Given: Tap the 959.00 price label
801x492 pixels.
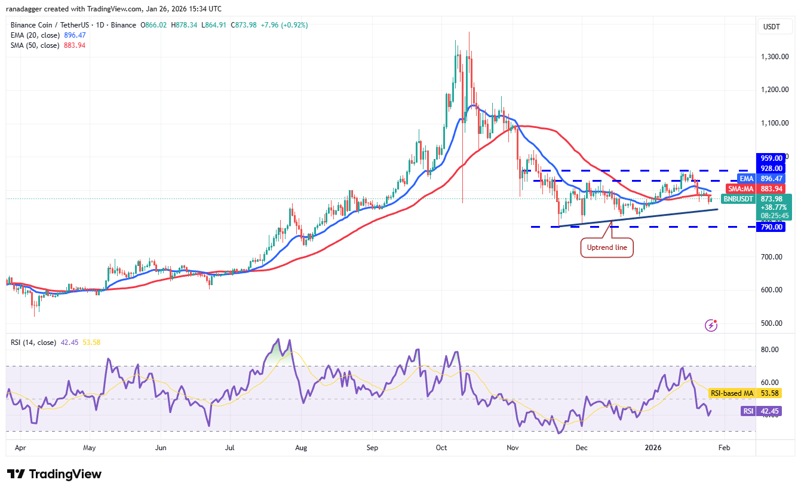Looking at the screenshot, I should pyautogui.click(x=771, y=158).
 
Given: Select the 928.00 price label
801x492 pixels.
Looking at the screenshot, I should pyautogui.click(x=771, y=169).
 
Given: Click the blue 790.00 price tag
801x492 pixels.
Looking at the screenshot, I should pyautogui.click(x=771, y=227).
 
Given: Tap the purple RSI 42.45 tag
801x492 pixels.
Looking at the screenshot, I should pyautogui.click(x=757, y=411).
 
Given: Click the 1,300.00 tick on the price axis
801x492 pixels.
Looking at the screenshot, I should pyautogui.click(x=771, y=57).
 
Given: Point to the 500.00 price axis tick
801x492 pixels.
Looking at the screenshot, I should pyautogui.click(x=771, y=323).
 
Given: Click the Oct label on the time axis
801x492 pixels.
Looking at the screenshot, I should pyautogui.click(x=441, y=447).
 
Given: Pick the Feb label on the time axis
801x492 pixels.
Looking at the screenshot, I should pyautogui.click(x=723, y=447).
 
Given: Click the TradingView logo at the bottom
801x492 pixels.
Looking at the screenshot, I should pyautogui.click(x=54, y=474).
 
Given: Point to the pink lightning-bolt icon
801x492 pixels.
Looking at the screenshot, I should pyautogui.click(x=711, y=325).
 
